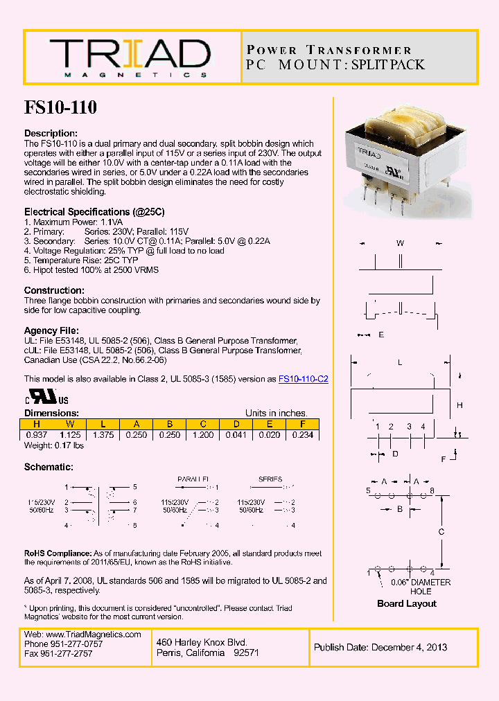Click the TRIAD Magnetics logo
coord(129,57)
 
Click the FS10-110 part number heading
coord(60,107)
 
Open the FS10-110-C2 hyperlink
coord(303,379)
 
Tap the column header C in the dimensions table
coord(202,425)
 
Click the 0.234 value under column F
coord(302,435)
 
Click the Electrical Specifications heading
coord(94,211)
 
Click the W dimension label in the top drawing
coord(400,243)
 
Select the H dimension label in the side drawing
coord(459,405)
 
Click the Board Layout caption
coord(406,603)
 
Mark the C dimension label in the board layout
coord(441,532)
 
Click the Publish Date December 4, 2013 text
coord(380,648)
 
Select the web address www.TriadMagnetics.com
coord(92,635)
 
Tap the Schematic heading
coord(49,468)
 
